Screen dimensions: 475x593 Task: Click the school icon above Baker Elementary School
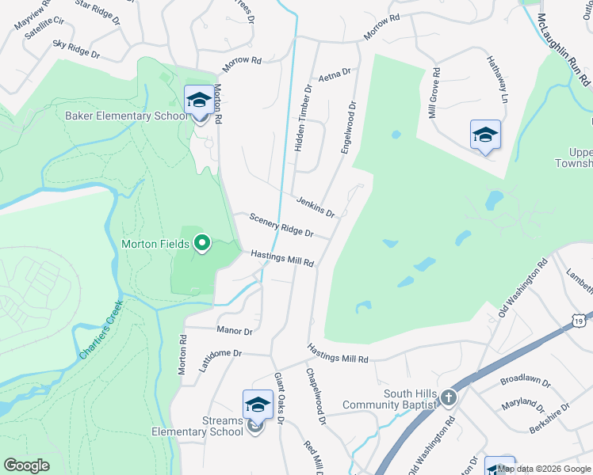[198, 101]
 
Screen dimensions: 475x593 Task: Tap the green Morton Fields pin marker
[202, 243]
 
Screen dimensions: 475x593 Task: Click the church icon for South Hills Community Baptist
[449, 397]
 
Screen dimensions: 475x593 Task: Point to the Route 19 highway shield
[580, 319]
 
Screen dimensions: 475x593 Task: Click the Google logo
[27, 465]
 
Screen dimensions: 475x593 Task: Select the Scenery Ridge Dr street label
[281, 226]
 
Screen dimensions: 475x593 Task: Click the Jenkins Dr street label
[314, 207]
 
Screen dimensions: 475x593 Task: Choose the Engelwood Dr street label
[349, 126]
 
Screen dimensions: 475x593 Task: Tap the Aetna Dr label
[334, 75]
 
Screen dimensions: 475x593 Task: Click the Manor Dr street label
[235, 331]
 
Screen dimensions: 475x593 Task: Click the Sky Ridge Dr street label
[76, 49]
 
